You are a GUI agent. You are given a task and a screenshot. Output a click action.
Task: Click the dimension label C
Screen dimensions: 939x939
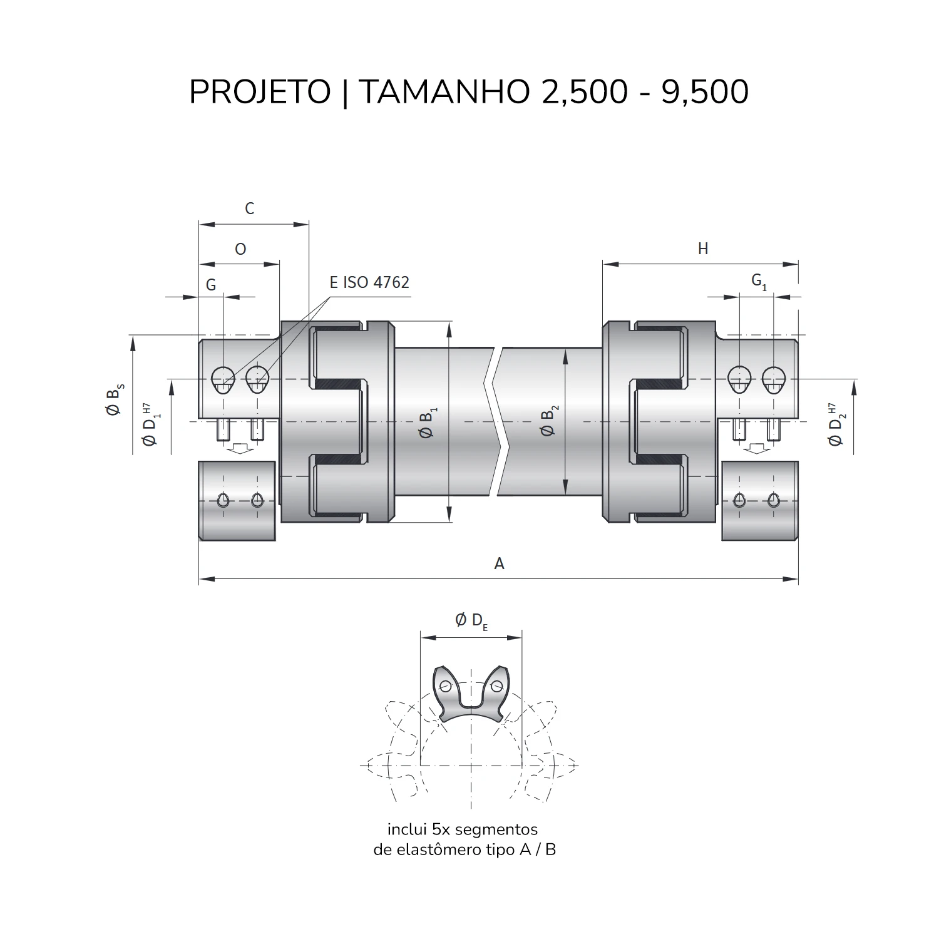(249, 208)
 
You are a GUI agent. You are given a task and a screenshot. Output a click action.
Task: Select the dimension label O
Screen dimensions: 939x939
(240, 249)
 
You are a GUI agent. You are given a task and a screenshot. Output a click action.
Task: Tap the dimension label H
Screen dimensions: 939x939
(703, 249)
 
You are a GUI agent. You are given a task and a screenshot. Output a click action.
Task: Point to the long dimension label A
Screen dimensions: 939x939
(499, 563)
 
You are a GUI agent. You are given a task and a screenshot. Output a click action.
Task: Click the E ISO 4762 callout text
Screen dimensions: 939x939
(369, 282)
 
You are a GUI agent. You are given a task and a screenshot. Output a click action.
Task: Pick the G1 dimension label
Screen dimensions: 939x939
(759, 282)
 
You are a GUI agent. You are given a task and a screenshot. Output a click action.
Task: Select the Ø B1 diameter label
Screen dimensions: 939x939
(429, 423)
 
